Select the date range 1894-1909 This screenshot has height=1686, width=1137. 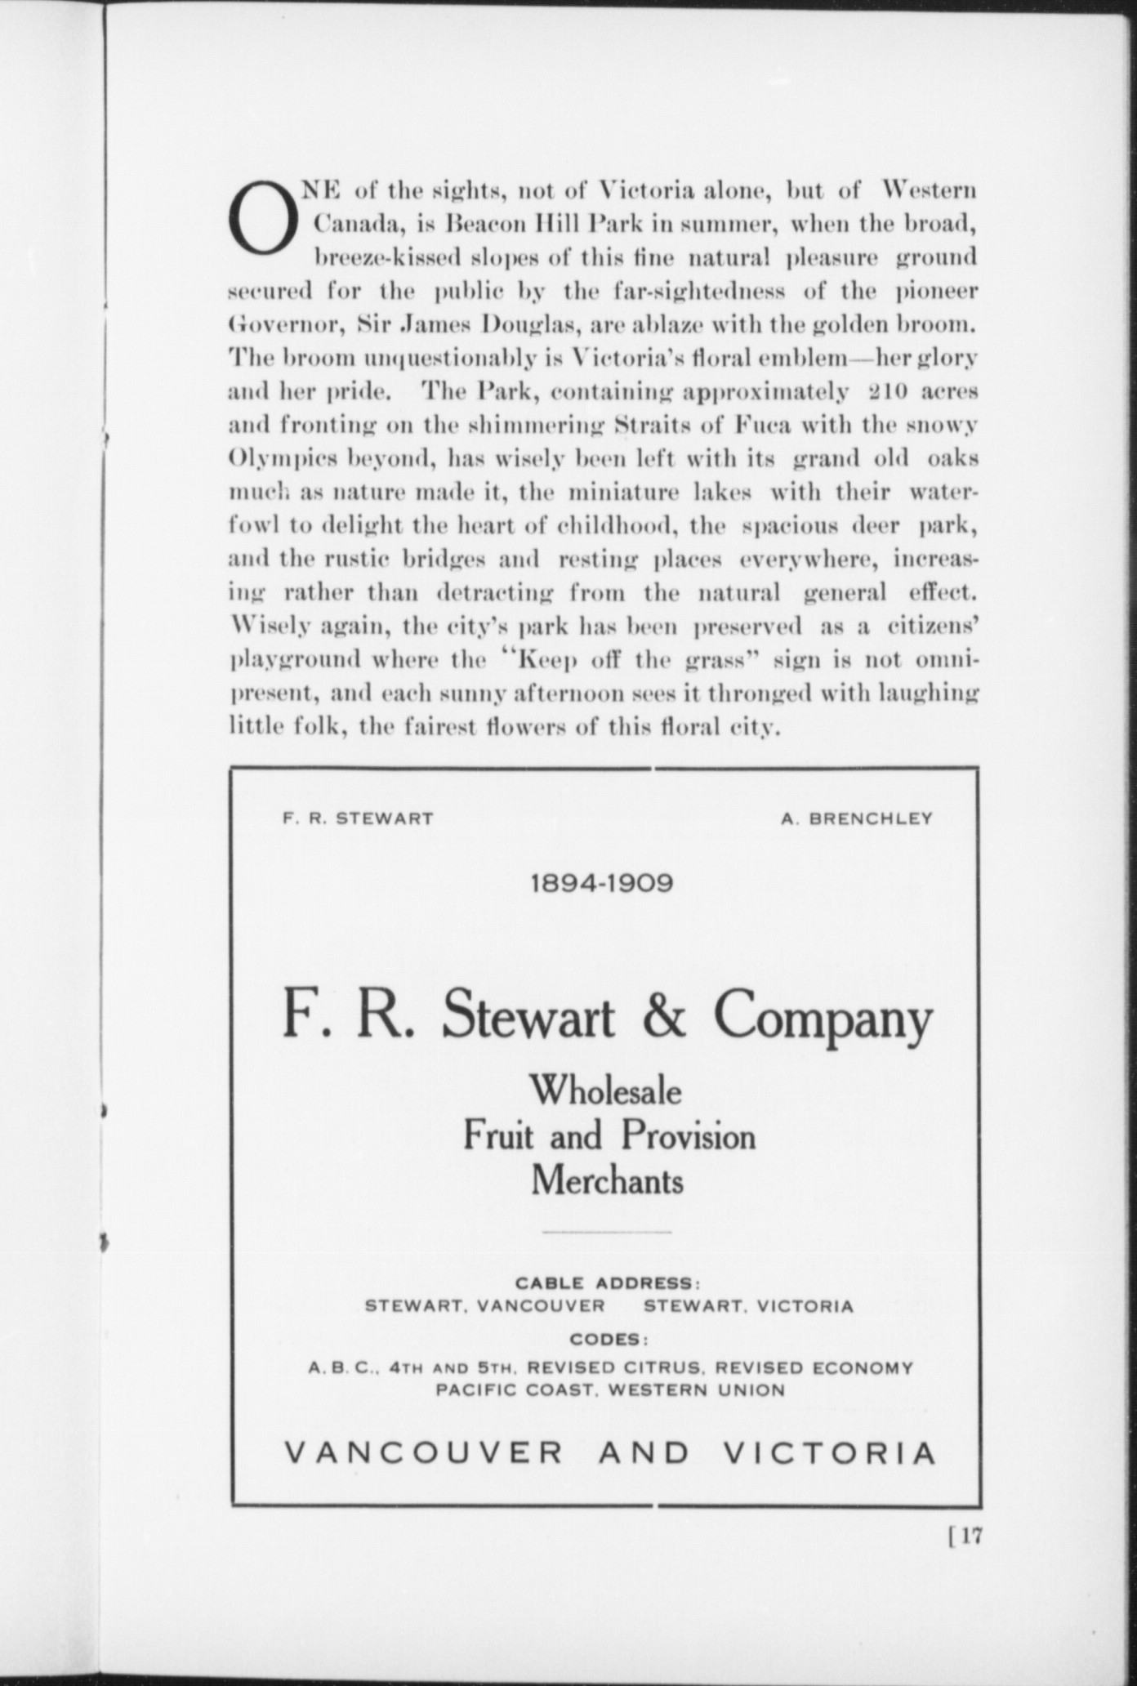(x=602, y=884)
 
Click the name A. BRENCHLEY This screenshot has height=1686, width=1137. (x=857, y=818)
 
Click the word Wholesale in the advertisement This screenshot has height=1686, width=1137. (x=605, y=1091)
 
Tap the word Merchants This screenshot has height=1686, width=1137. (x=607, y=1180)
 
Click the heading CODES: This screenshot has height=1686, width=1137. (x=609, y=1340)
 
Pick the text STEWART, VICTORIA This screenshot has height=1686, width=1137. (x=748, y=1306)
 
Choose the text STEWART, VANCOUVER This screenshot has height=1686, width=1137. (x=485, y=1306)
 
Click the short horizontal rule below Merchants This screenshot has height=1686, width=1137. (x=607, y=1231)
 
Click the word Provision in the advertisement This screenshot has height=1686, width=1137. (x=688, y=1136)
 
